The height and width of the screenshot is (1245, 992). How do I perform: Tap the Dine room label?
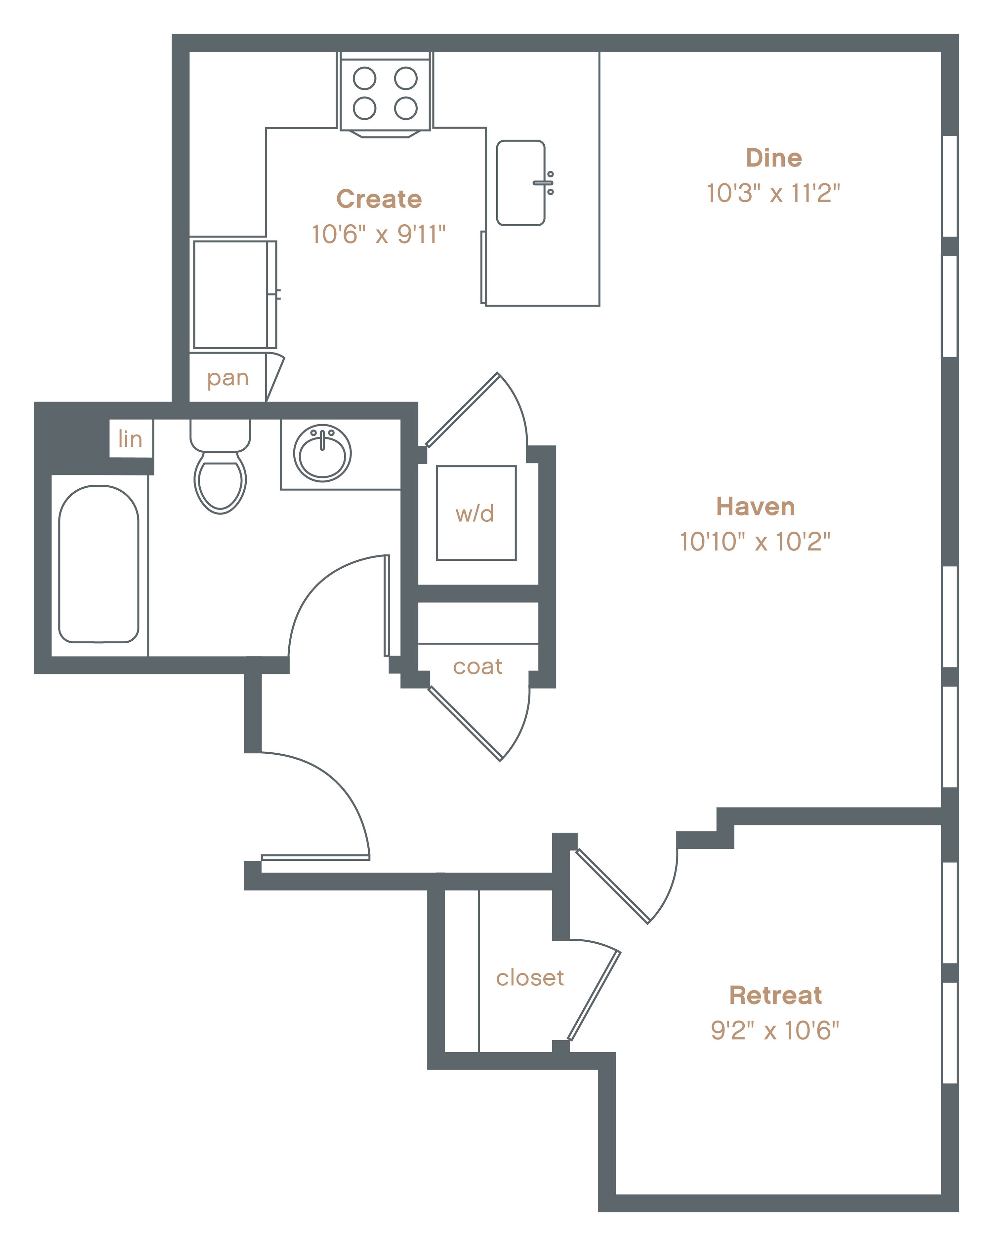[774, 158]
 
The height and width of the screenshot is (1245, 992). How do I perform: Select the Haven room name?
[756, 507]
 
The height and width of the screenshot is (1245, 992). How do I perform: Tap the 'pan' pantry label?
[227, 379]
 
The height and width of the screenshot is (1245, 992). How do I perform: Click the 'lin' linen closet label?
[130, 439]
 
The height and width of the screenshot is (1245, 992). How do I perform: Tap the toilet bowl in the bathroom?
[220, 482]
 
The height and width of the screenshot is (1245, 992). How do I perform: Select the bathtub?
[99, 564]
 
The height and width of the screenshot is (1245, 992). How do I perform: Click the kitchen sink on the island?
[520, 182]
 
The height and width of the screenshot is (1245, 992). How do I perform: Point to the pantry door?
[275, 376]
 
